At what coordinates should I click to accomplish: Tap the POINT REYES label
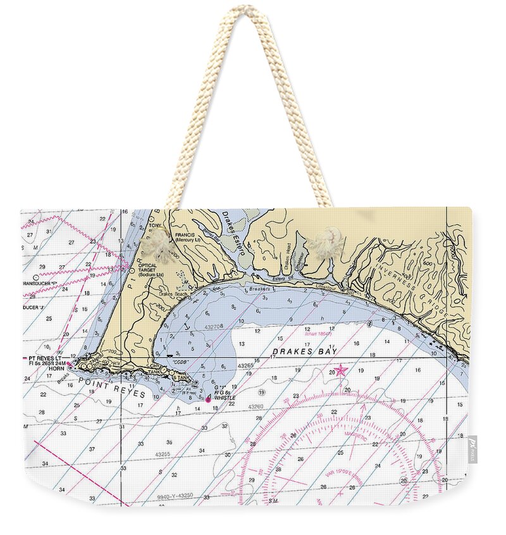click(x=115, y=389)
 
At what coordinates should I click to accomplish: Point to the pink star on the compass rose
click(x=341, y=370)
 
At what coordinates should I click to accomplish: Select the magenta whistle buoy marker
click(x=208, y=399)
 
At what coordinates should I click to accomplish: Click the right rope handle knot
click(x=326, y=242)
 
